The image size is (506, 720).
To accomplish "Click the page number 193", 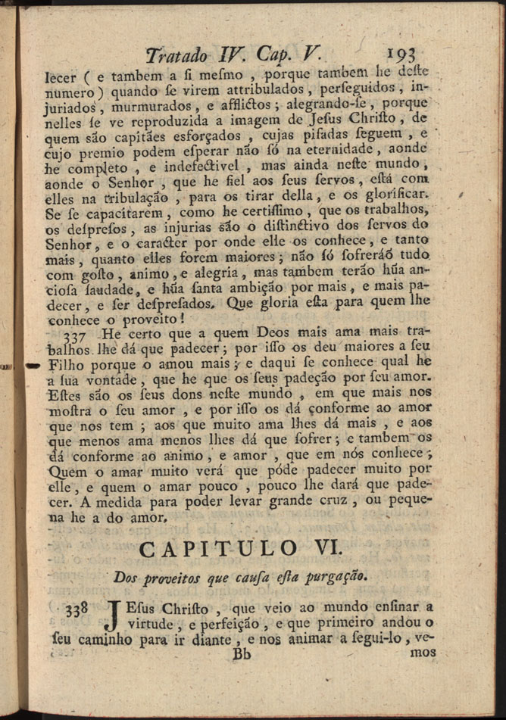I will (406, 55).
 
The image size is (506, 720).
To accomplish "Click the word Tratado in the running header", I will (178, 55).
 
